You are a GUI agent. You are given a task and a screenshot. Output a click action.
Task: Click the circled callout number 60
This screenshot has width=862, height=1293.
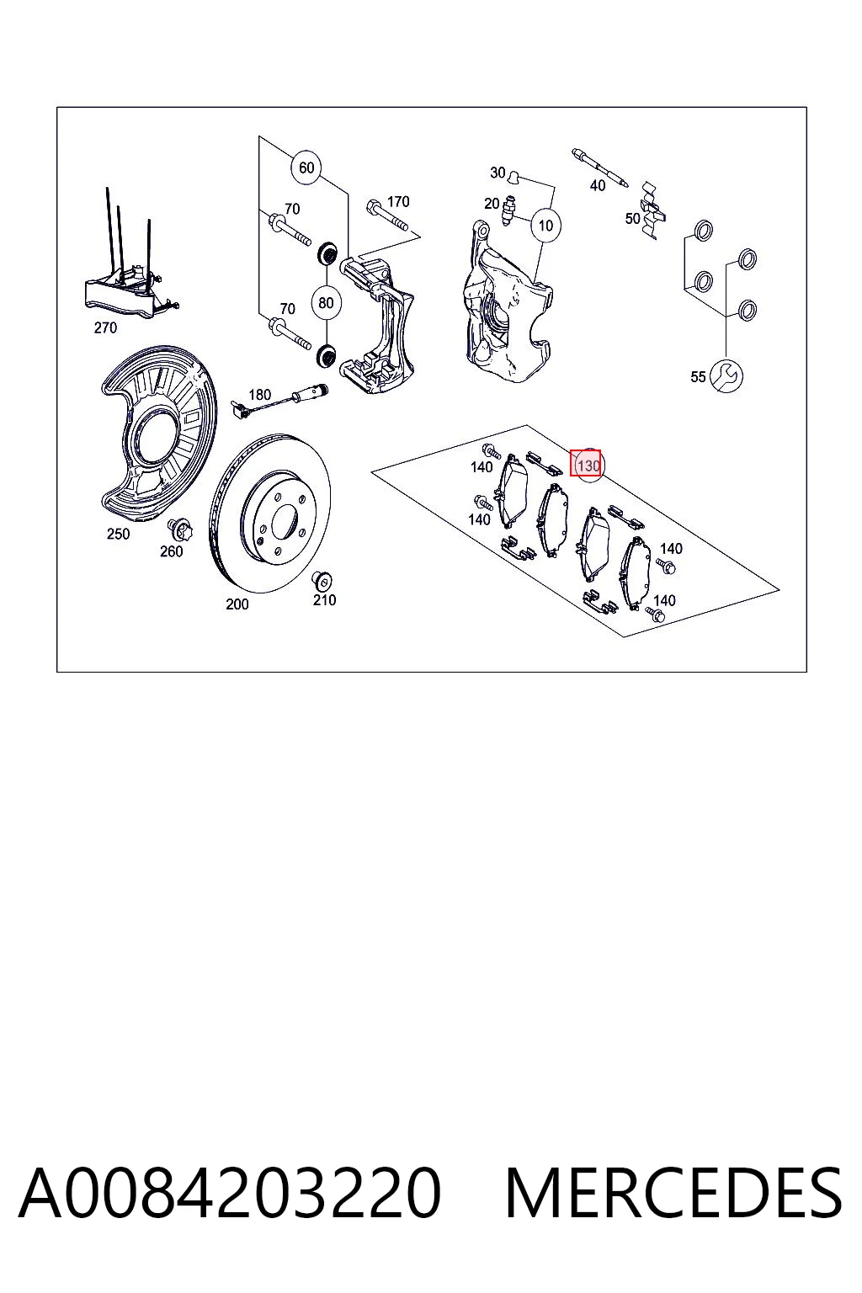click(x=306, y=168)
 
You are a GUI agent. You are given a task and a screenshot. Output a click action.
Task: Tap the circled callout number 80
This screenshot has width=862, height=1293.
click(x=327, y=302)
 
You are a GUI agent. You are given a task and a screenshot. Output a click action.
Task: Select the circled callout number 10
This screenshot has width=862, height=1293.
click(x=545, y=225)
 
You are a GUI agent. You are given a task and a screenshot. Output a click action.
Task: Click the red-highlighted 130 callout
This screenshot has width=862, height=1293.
click(x=585, y=464)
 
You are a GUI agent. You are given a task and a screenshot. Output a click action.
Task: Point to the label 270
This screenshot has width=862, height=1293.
click(x=106, y=327)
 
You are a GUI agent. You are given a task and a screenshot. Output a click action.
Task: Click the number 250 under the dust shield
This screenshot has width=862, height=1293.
click(x=119, y=534)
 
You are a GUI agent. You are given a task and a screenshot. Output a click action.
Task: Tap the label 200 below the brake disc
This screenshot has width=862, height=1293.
click(x=237, y=604)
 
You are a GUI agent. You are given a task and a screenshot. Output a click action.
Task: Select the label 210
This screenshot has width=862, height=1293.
click(x=324, y=600)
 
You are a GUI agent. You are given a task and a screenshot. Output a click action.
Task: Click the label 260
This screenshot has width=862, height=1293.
click(x=172, y=551)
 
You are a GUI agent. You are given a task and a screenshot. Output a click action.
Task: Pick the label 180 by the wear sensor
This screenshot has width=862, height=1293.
click(x=260, y=394)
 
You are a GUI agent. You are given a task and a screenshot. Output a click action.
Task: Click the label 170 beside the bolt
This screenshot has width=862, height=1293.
click(x=398, y=201)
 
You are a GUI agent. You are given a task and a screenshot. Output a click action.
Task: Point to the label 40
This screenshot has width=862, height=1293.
click(x=598, y=185)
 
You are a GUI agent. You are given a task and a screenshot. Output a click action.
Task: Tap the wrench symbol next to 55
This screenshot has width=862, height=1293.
click(x=726, y=375)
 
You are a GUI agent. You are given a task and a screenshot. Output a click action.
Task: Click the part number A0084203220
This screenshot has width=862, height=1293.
click(x=230, y=1193)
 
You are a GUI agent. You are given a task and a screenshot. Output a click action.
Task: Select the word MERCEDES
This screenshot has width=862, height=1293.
click(x=673, y=1193)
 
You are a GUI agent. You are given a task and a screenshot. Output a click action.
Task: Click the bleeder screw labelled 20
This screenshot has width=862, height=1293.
click(x=508, y=211)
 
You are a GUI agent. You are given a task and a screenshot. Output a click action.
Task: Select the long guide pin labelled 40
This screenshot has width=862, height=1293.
click(x=601, y=168)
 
